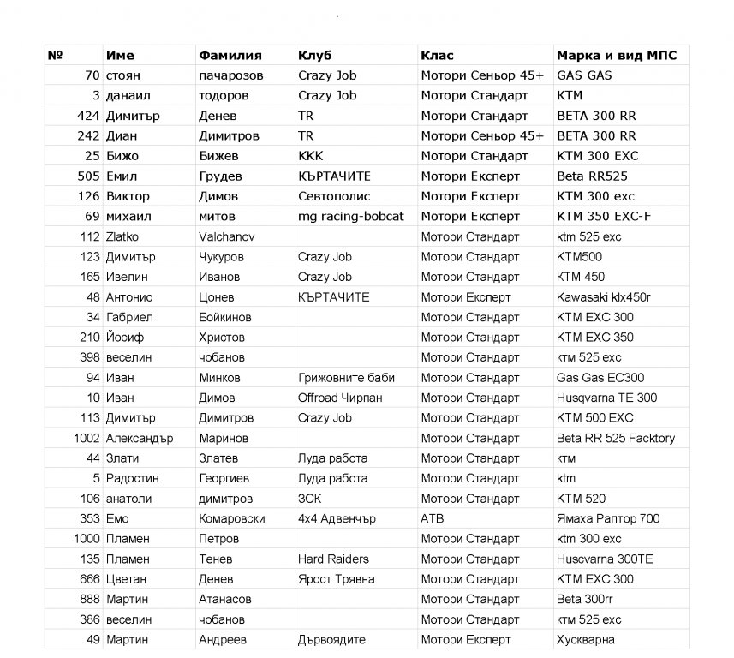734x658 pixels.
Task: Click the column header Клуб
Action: [x=314, y=55]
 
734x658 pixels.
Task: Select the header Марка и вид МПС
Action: [x=617, y=55]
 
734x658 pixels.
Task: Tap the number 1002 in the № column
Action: [x=86, y=438]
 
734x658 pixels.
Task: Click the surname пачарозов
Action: [x=230, y=75]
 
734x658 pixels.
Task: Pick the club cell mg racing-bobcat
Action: [x=350, y=217]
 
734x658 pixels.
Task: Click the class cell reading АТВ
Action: [x=433, y=518]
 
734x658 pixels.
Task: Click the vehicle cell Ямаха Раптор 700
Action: [x=608, y=518]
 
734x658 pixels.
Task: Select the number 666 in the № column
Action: [x=90, y=579]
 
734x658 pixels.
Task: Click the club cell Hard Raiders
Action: [x=333, y=559]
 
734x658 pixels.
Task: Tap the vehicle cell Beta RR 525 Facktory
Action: [x=616, y=438]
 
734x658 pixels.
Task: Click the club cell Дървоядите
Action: [x=331, y=639]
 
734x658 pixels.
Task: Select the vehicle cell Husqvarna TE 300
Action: [x=607, y=398]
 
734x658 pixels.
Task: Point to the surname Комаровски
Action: [x=232, y=518]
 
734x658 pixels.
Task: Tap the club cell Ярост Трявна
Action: [x=336, y=579]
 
